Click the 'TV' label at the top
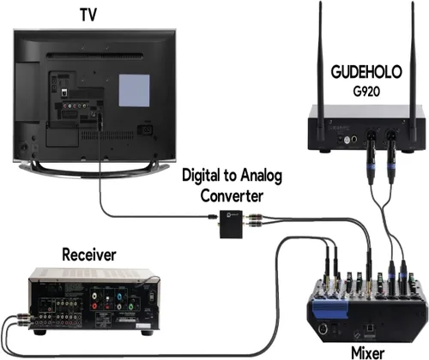pos(88,15)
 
